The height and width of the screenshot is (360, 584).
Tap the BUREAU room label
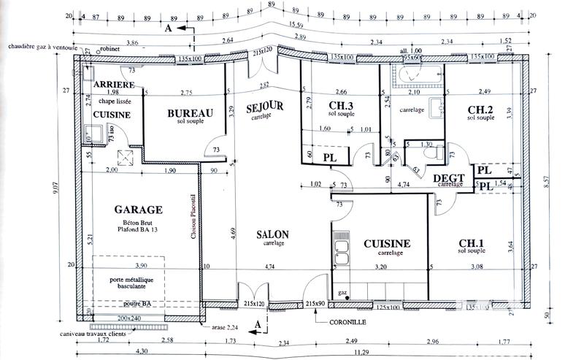point(190,113)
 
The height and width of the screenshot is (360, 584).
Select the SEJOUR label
point(264,108)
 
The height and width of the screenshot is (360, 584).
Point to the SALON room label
point(272,234)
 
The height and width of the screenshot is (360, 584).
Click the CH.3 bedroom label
point(337,104)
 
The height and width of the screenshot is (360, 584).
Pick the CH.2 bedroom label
point(481,110)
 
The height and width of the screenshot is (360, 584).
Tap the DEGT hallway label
point(449,177)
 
